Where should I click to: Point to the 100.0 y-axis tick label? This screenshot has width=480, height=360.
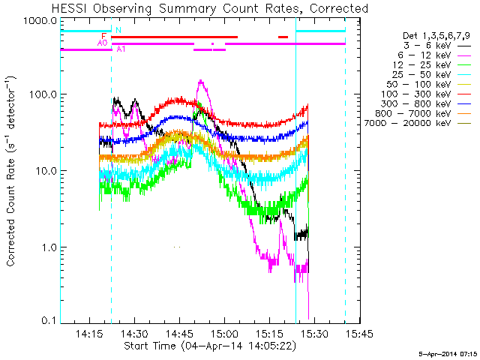click(43, 94)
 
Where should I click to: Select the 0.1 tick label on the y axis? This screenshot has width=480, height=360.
click(49, 320)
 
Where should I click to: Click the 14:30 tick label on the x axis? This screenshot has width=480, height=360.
click(135, 334)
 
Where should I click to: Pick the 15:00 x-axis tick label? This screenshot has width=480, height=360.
click(225, 334)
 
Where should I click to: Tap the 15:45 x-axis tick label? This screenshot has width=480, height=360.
click(359, 334)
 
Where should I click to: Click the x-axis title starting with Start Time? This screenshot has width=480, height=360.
click(210, 346)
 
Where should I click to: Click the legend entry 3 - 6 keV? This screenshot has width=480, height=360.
click(427, 46)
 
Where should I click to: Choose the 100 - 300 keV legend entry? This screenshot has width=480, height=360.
click(415, 94)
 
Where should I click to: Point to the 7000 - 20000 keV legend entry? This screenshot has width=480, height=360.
click(407, 123)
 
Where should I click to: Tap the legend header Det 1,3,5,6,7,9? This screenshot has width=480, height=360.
click(436, 36)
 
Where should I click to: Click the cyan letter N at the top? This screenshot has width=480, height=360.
click(118, 30)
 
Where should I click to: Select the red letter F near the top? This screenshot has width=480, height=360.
click(103, 37)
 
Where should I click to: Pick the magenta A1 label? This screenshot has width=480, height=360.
click(121, 49)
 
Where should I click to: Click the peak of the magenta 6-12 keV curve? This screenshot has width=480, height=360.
click(200, 80)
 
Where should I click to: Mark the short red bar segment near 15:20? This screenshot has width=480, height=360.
click(283, 37)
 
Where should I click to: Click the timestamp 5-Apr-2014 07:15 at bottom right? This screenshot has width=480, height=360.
click(448, 354)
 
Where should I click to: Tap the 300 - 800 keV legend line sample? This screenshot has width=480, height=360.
click(464, 104)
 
